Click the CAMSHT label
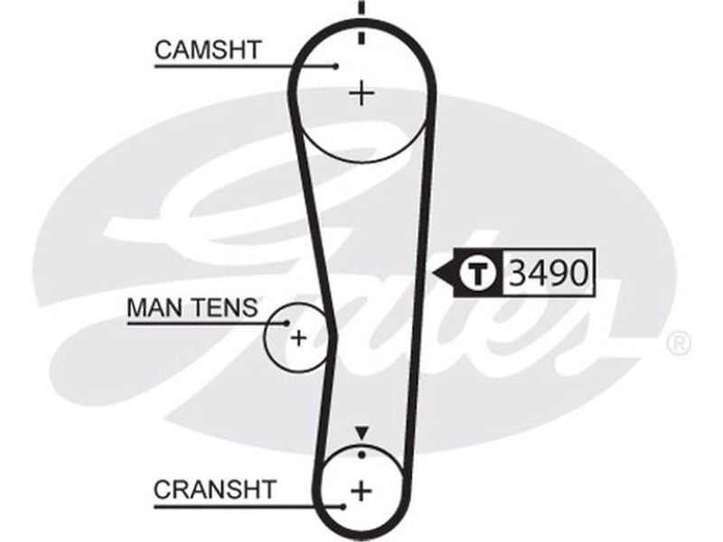[207, 51]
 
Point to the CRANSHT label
[214, 490]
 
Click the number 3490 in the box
[549, 272]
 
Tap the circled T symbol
[479, 272]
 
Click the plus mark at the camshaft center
[361, 93]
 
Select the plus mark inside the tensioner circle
[298, 339]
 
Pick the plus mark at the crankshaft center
[361, 491]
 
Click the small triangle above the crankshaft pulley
[361, 433]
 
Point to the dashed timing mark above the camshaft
[361, 23]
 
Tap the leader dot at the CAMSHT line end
[335, 65]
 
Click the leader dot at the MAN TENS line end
[286, 322]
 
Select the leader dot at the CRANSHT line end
[344, 506]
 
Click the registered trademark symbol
[678, 344]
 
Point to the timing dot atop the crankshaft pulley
[361, 451]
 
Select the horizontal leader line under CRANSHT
[244, 506]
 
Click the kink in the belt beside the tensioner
[333, 335]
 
